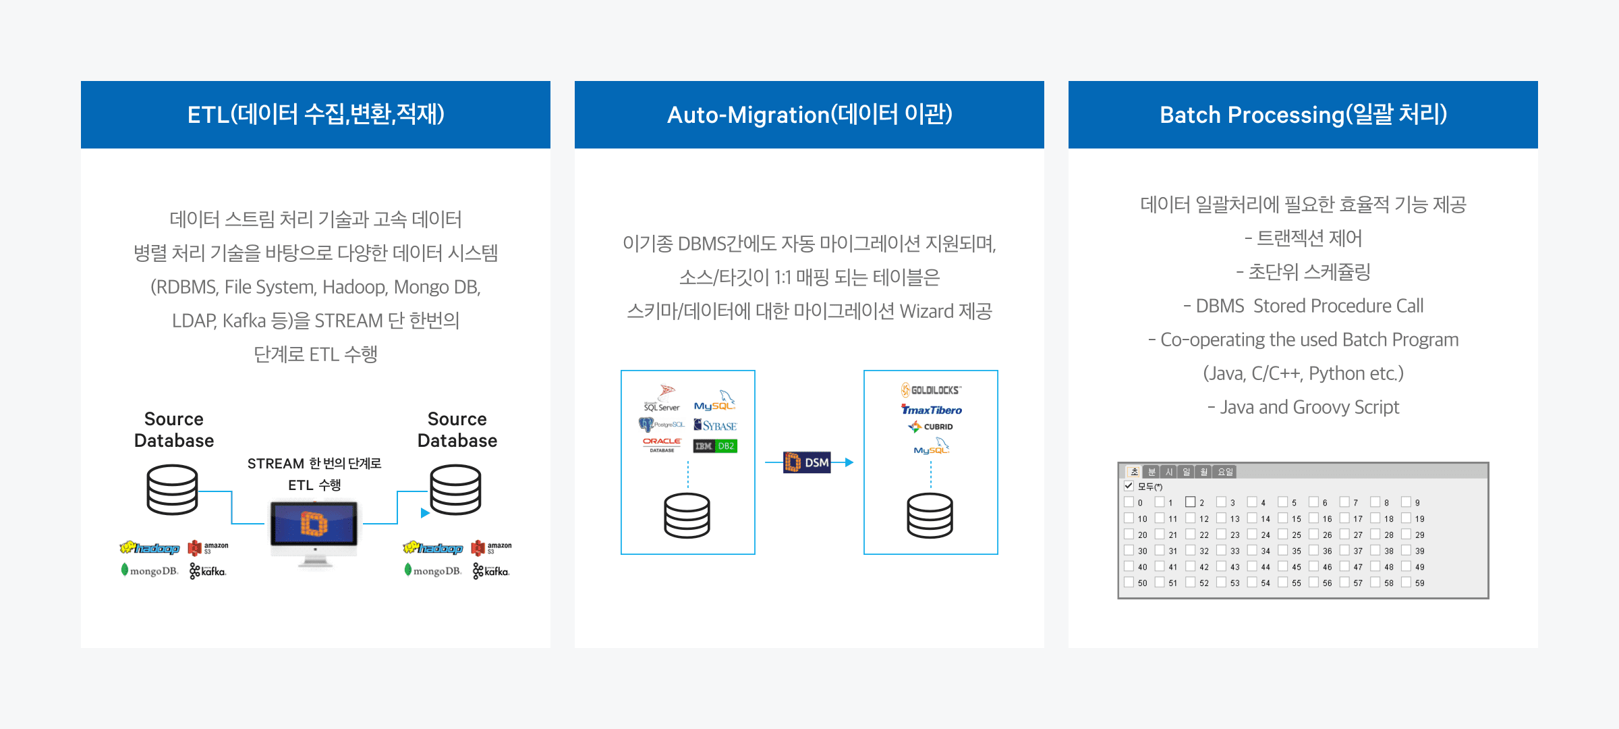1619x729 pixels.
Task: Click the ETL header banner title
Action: pos(316,115)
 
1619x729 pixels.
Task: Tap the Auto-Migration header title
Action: pos(809,115)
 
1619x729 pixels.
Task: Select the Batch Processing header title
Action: pos(1303,115)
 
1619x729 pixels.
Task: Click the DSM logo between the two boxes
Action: pos(807,462)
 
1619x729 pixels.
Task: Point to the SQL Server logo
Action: pos(662,399)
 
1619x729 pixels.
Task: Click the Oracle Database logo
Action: pos(662,444)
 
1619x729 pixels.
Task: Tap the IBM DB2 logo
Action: pos(715,446)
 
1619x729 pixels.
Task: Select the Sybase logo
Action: pos(715,425)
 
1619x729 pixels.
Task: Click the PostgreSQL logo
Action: pos(661,425)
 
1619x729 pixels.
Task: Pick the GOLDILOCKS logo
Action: pos(931,390)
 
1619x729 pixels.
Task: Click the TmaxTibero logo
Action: pos(932,410)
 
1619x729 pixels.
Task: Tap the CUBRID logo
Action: pos(931,427)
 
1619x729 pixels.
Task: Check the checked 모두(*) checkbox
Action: pos(1129,486)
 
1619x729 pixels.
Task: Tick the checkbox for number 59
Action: pos(1407,583)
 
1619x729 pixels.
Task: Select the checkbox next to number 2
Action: pos(1191,502)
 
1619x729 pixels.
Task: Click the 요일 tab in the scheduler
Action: pos(1226,472)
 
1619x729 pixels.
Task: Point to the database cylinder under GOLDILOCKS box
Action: pos(930,515)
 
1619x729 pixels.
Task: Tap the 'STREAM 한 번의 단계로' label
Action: pos(314,464)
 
